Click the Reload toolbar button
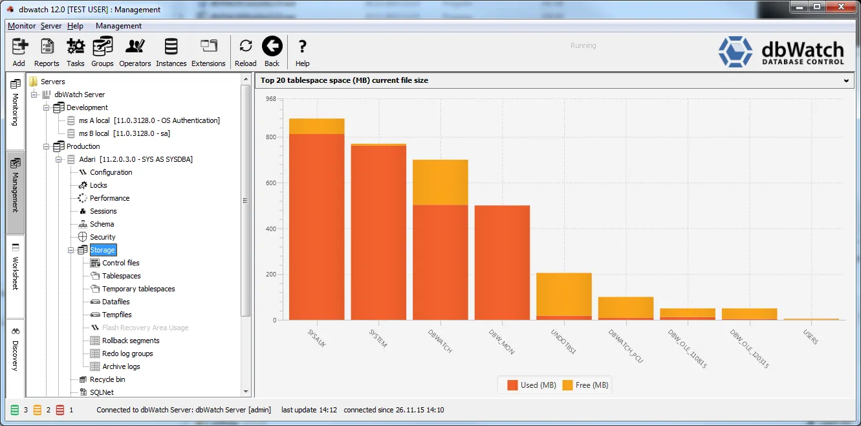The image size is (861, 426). coord(246,52)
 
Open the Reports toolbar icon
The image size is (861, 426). coord(47,52)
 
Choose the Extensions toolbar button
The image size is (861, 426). coord(208,52)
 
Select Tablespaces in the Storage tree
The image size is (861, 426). coord(121,276)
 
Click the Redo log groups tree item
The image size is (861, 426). coord(127,353)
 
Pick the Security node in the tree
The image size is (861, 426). coord(102,237)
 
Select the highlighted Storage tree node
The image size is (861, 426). coord(103,250)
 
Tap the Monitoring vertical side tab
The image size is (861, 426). coord(16,103)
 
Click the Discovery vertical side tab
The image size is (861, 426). coord(16,350)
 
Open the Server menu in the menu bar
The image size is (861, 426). coord(50,26)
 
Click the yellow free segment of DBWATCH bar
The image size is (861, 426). coord(441,183)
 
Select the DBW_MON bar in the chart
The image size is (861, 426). coord(503,262)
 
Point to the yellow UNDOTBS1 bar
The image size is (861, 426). coord(564,295)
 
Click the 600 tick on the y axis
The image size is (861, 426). coord(271,183)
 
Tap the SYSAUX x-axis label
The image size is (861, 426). coord(317,338)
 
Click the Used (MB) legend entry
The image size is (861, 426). coord(532,385)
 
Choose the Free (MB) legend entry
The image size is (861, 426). coord(585,385)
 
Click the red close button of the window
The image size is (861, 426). coord(841,7)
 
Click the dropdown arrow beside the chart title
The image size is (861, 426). coord(846,80)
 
